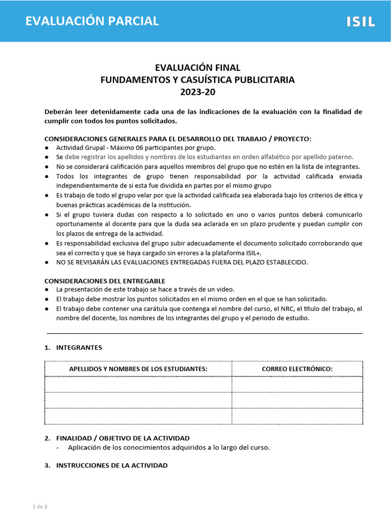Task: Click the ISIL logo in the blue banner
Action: [360, 21]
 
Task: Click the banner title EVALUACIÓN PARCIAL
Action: [92, 21]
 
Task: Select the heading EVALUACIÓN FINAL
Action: [198, 68]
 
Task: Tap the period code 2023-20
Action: [198, 92]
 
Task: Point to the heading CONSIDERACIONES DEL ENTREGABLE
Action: [105, 281]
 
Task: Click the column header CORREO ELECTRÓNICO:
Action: [297, 369]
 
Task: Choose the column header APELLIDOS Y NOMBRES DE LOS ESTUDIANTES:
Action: [138, 369]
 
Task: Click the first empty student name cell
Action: [138, 384]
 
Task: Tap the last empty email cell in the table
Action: [297, 416]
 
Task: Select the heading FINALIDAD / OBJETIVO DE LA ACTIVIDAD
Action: [123, 438]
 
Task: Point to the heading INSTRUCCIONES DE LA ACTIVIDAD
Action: [111, 465]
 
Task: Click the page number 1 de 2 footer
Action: [40, 507]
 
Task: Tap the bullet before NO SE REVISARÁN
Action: [47, 263]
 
